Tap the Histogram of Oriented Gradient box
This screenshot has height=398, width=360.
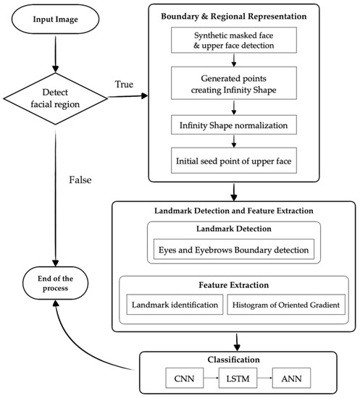click(x=286, y=305)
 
